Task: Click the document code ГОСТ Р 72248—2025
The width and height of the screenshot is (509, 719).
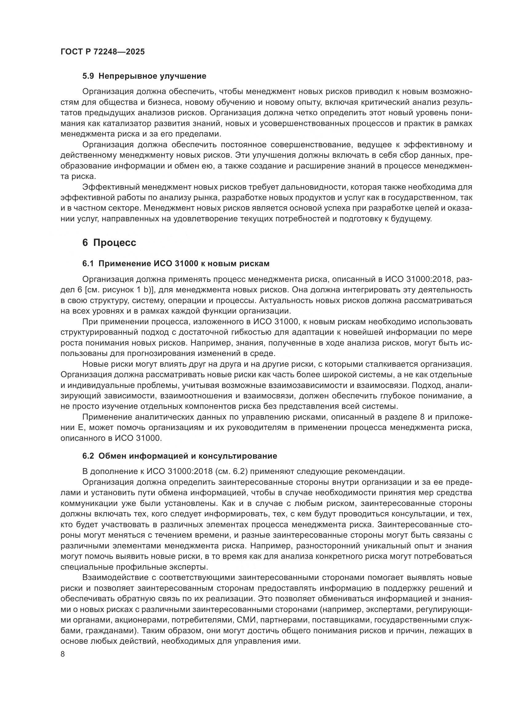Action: (102, 52)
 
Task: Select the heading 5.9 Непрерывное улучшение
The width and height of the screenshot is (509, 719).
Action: (144, 76)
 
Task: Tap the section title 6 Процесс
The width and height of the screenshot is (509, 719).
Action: (109, 243)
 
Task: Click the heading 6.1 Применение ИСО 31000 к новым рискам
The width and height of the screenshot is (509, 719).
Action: (175, 264)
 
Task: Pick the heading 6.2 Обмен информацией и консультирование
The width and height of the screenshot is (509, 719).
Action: (180, 456)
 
